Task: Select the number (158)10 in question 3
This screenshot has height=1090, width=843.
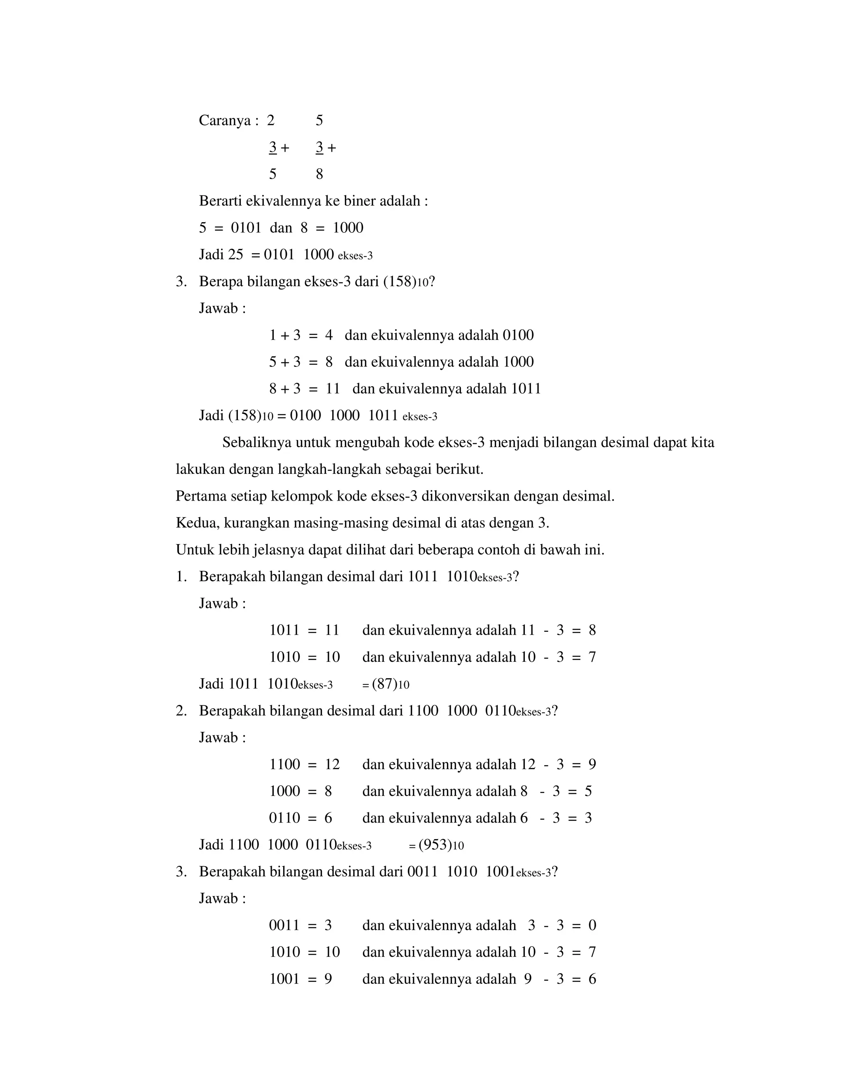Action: coord(405,282)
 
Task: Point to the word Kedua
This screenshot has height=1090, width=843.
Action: coord(196,524)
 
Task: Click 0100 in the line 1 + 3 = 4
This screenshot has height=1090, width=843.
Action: coord(518,335)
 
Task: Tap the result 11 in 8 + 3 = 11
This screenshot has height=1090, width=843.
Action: coord(333,389)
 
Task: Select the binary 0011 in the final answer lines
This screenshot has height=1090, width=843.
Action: coord(284,926)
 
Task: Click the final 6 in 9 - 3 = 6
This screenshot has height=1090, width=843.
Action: coord(592,979)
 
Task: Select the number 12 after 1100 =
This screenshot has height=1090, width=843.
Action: coord(332,765)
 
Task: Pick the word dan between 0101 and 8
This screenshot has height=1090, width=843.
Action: coord(281,228)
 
